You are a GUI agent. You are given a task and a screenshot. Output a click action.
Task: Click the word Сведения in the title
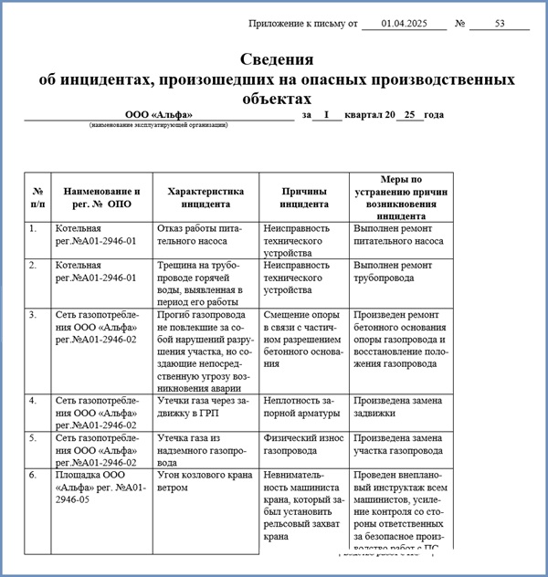pos(277,60)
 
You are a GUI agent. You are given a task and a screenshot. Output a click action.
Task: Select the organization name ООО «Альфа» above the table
pos(159,115)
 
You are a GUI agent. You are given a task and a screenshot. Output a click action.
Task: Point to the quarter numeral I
pos(326,115)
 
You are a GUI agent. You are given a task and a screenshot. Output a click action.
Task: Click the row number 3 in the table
pos(33,315)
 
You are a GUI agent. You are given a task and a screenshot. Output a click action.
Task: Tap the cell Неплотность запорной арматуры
pos(299,406)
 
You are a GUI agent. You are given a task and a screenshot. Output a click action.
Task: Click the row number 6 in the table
pos(33,475)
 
